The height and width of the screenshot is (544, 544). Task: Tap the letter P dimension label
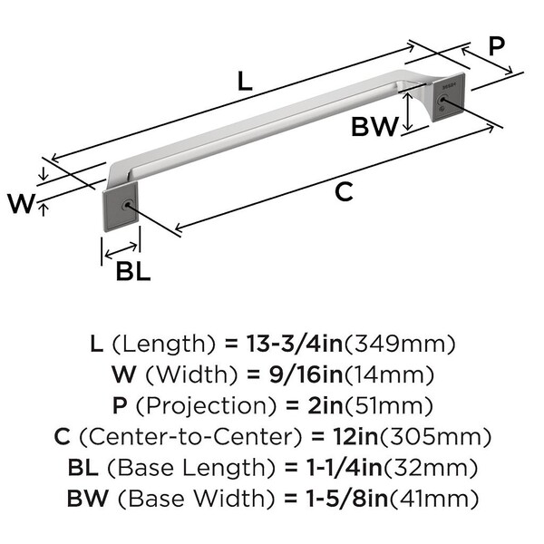(x=495, y=46)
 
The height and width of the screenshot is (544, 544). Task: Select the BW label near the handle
(x=374, y=128)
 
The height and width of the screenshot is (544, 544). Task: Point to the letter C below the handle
(x=344, y=191)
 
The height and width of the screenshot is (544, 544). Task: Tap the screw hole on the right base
(x=443, y=102)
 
